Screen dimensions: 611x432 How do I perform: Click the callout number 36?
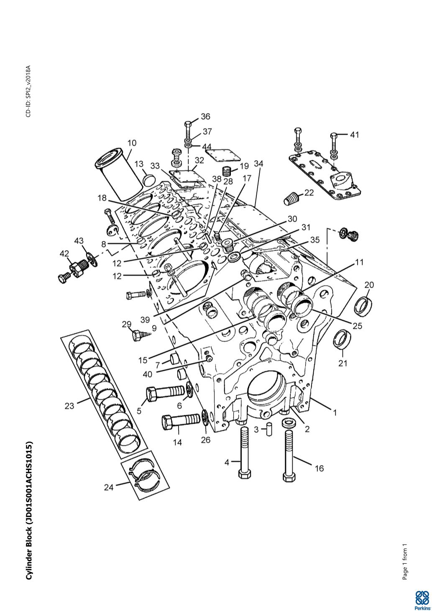click(x=205, y=116)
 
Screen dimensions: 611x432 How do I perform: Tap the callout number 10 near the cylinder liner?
click(x=132, y=143)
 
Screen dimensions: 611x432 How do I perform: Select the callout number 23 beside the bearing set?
click(x=69, y=405)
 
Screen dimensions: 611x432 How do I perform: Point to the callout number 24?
click(x=109, y=487)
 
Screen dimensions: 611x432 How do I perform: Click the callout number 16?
click(x=319, y=468)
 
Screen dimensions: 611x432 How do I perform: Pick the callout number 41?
click(x=354, y=135)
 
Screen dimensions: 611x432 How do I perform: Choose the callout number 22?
click(x=309, y=193)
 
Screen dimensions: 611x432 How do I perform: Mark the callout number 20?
click(x=369, y=285)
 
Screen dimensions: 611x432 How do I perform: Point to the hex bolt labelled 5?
click(x=164, y=392)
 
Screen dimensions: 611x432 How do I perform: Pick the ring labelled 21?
click(x=342, y=339)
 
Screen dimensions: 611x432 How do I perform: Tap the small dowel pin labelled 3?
click(x=270, y=429)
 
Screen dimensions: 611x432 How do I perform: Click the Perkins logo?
click(x=422, y=601)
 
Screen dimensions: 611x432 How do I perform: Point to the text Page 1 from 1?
click(x=404, y=562)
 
